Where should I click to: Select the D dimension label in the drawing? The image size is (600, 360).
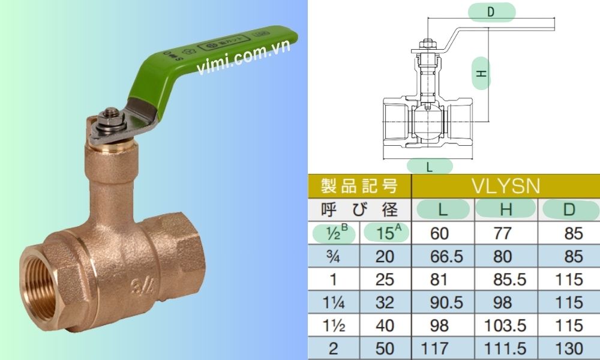(x=491, y=13)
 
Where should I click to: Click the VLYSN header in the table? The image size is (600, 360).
(x=506, y=186)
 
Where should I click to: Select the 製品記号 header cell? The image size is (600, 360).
(x=359, y=186)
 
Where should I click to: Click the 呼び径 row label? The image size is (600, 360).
(x=359, y=209)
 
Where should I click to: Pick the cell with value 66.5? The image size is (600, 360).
(x=447, y=256)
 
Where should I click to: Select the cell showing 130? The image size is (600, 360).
(x=569, y=348)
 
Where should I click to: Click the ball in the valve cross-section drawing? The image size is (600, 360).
(x=427, y=124)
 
